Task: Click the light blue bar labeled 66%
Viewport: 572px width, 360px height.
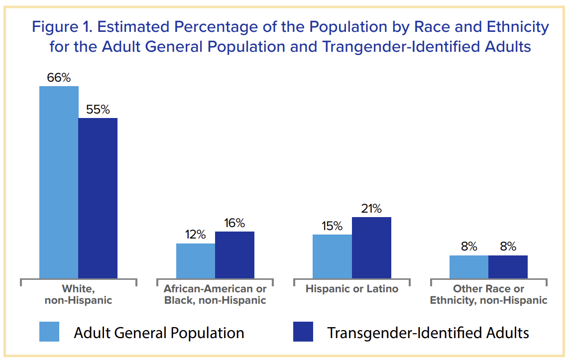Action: [59, 182]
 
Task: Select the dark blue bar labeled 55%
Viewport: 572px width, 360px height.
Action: [98, 198]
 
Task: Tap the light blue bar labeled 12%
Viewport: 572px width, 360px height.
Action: [196, 261]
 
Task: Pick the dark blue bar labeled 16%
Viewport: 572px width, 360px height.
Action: [234, 255]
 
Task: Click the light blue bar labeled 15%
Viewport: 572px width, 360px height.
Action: [332, 256]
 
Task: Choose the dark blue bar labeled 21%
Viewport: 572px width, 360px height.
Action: [371, 247]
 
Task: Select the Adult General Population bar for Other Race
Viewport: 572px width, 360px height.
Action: [468, 267]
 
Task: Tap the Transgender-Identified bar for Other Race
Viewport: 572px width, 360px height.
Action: [508, 267]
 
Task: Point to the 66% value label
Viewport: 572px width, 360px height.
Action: [59, 78]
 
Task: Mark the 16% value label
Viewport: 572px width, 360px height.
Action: [234, 224]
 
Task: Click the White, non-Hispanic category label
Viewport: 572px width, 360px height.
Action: [78, 294]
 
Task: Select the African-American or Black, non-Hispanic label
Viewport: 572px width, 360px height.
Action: [215, 294]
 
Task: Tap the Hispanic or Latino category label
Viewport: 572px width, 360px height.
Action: [351, 289]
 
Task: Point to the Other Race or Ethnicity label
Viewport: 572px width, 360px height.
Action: [488, 294]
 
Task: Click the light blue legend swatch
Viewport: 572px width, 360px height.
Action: [49, 332]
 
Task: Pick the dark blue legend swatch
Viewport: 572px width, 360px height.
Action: [303, 332]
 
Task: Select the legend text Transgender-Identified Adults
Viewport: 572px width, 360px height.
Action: [428, 333]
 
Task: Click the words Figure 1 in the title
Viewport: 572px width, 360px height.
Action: [63, 27]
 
